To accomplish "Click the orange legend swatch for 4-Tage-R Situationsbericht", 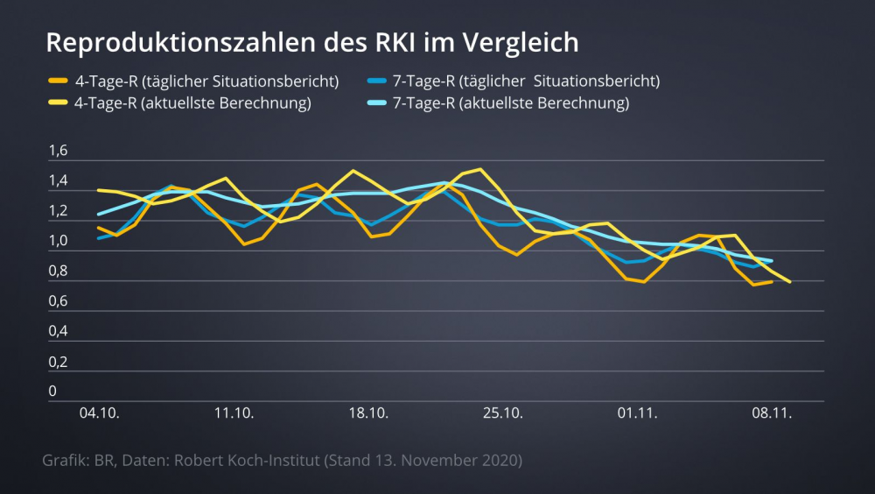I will pyautogui.click(x=59, y=81).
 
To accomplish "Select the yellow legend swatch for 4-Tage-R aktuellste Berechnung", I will pyautogui.click(x=59, y=103).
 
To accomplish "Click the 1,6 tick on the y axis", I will pyautogui.click(x=58, y=152).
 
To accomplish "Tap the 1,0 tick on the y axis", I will pyautogui.click(x=58, y=242).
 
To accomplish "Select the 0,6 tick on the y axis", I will pyautogui.click(x=58, y=301).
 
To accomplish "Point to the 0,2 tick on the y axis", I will pyautogui.click(x=58, y=362).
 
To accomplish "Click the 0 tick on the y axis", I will pyautogui.click(x=52, y=391).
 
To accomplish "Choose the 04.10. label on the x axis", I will pyautogui.click(x=98, y=413).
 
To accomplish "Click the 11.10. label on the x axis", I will pyautogui.click(x=234, y=413).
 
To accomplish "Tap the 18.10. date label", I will pyautogui.click(x=368, y=413).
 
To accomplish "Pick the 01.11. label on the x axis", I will pyautogui.click(x=637, y=413).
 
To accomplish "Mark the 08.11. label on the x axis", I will pyautogui.click(x=772, y=413).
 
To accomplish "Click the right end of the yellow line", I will pyautogui.click(x=790, y=281).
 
